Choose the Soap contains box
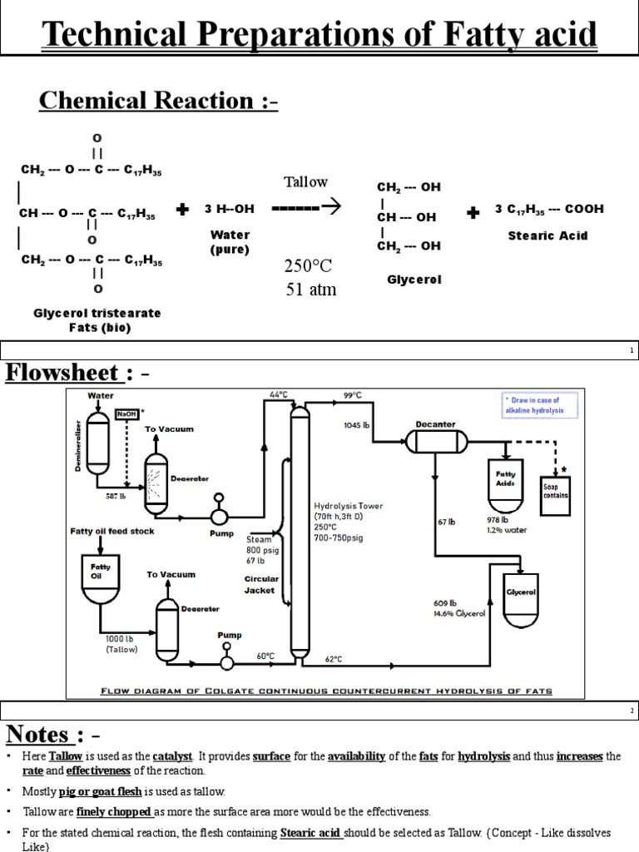(x=556, y=491)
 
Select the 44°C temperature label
(x=277, y=394)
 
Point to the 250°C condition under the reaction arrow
(x=308, y=266)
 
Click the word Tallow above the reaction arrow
(x=306, y=182)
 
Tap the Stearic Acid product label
(x=547, y=235)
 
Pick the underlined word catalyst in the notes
(x=172, y=756)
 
